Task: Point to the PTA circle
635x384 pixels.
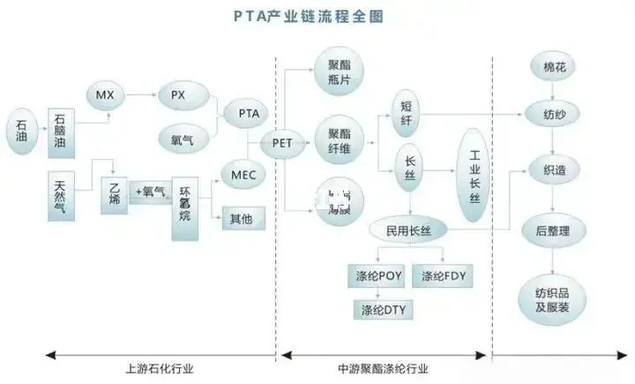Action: click(x=248, y=113)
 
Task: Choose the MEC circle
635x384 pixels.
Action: click(x=243, y=173)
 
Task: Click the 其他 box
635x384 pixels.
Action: click(x=243, y=216)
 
